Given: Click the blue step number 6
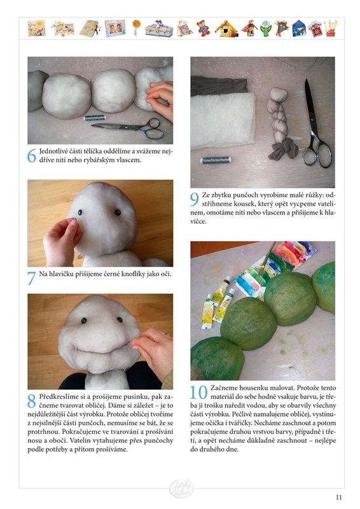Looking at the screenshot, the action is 32,156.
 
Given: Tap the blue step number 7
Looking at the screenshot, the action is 32,278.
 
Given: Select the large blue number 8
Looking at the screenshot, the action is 32,401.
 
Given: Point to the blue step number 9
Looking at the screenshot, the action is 195,199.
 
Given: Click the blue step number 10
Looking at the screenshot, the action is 198,392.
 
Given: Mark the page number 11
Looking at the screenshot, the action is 339,498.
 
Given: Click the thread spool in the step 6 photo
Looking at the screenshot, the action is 95,118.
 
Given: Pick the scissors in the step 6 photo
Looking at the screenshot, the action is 130,128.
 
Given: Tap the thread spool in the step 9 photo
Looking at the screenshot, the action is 216,160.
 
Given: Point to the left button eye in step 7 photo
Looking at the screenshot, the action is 80,213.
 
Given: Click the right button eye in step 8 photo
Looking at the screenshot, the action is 120,319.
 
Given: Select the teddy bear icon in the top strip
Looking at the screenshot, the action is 203,28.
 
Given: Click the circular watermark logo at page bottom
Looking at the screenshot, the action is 181,488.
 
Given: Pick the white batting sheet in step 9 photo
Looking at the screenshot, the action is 223,120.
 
